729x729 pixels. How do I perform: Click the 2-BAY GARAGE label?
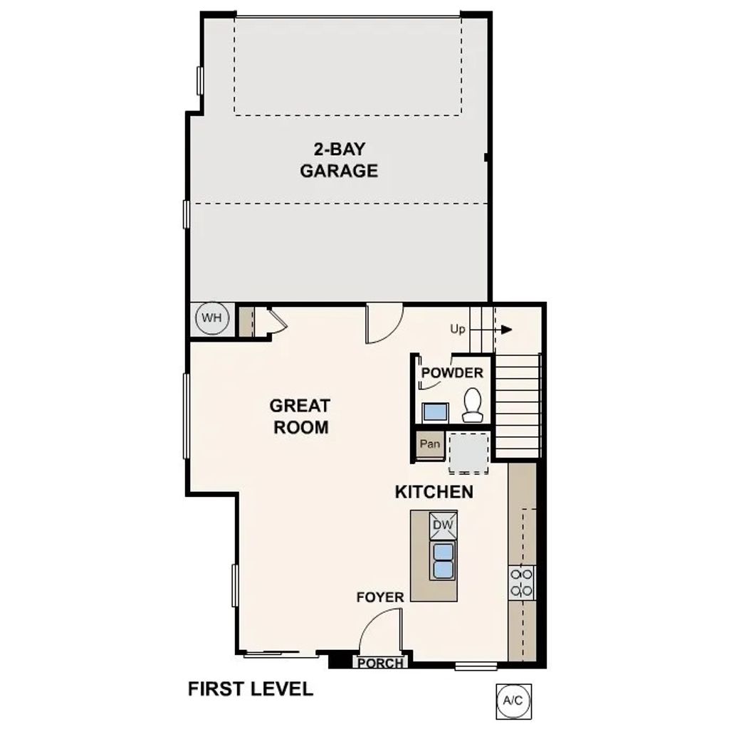coord(338,160)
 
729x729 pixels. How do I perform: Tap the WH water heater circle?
coord(211,318)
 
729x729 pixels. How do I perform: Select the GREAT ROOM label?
coord(299,416)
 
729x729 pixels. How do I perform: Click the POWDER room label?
coord(452,373)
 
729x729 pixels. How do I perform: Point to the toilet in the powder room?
coord(472,405)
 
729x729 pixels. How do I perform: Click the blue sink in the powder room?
coord(435,412)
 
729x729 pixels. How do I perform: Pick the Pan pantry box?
coord(430,444)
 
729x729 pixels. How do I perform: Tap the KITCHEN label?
coord(434,492)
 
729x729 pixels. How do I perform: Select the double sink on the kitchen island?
coord(444,560)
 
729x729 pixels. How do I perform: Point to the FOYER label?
coord(380,597)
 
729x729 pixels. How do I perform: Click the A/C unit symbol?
coord(513,701)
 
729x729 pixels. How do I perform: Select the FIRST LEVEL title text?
coord(250,689)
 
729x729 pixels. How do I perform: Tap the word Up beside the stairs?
coord(458,330)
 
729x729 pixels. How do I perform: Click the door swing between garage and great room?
coord(383,324)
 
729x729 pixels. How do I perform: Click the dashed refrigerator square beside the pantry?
coord(468,453)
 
